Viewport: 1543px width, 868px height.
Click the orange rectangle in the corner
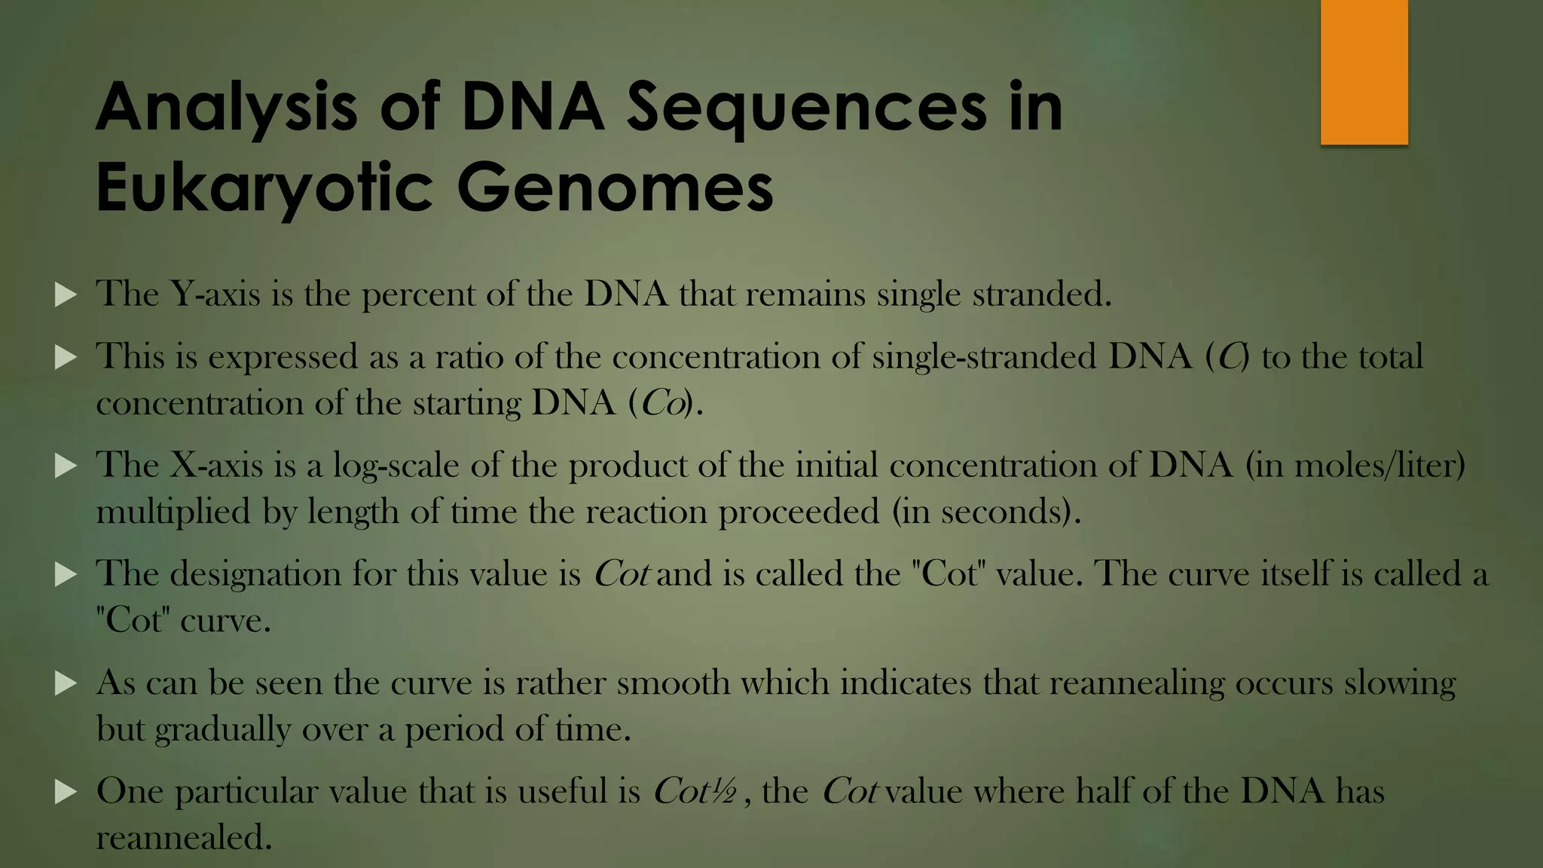[x=1364, y=72]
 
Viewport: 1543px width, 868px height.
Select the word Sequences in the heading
[x=806, y=107]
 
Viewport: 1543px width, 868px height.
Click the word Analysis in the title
[x=226, y=107]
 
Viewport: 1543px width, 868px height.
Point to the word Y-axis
[x=215, y=294]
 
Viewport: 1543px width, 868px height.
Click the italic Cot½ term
[x=694, y=791]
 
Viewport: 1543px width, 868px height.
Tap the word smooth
[x=673, y=683]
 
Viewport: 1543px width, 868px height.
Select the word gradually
[x=222, y=729]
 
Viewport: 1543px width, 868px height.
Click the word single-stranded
[x=984, y=356]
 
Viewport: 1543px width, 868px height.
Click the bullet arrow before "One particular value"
[x=66, y=792]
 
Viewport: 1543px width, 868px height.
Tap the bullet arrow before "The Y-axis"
[x=66, y=295]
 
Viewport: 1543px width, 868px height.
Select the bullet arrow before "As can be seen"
[x=66, y=683]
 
